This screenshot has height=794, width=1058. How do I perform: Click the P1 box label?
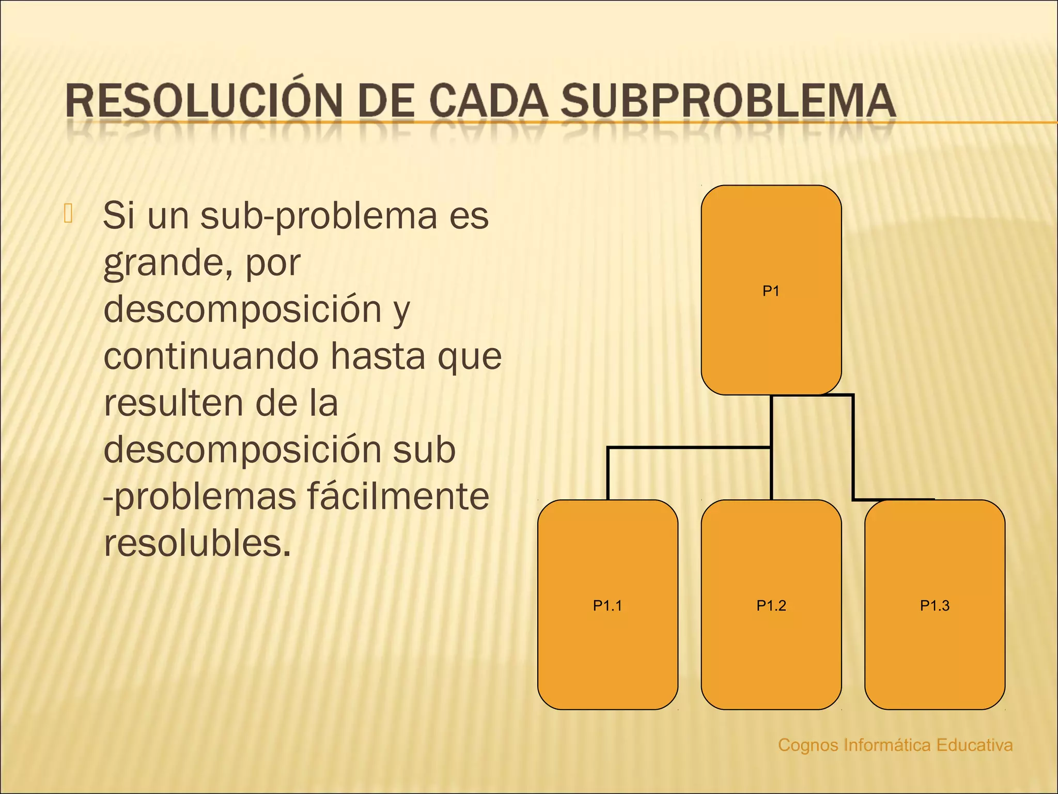771,291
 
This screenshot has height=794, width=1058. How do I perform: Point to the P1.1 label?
608,605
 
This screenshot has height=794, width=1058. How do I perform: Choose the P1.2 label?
771,605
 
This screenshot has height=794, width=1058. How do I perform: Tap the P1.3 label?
935,605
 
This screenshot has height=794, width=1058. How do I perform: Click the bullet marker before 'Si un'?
68,213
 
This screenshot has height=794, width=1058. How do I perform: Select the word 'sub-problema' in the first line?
319,216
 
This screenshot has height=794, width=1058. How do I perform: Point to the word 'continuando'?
211,356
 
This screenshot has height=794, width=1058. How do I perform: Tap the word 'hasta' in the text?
378,356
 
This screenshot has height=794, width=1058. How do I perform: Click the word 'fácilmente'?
398,497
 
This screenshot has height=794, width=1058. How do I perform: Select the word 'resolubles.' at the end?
197,543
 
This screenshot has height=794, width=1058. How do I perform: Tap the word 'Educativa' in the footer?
974,745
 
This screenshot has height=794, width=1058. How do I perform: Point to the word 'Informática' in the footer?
887,745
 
